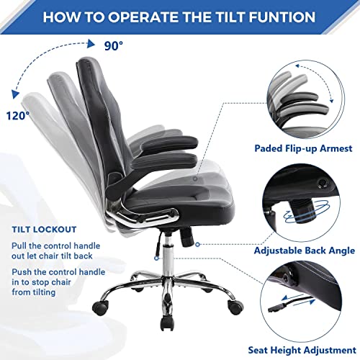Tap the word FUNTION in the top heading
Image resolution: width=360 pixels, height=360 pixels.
[278, 17]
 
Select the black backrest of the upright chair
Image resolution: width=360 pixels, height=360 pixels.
[126, 122]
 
